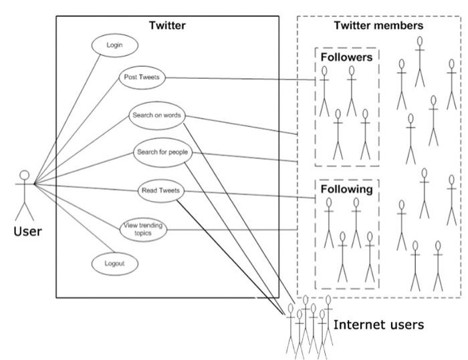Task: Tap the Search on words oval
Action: coord(156,115)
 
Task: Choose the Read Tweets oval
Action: coord(158,191)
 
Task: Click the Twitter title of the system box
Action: coord(166,25)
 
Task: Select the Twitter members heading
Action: coord(378,25)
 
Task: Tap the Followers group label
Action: coord(346,57)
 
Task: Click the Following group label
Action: coord(346,189)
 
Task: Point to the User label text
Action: coord(27,232)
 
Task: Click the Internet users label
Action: coord(378,325)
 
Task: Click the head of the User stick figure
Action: coord(25,176)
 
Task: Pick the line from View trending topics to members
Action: coord(234,230)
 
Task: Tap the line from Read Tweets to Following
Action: coord(247,195)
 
